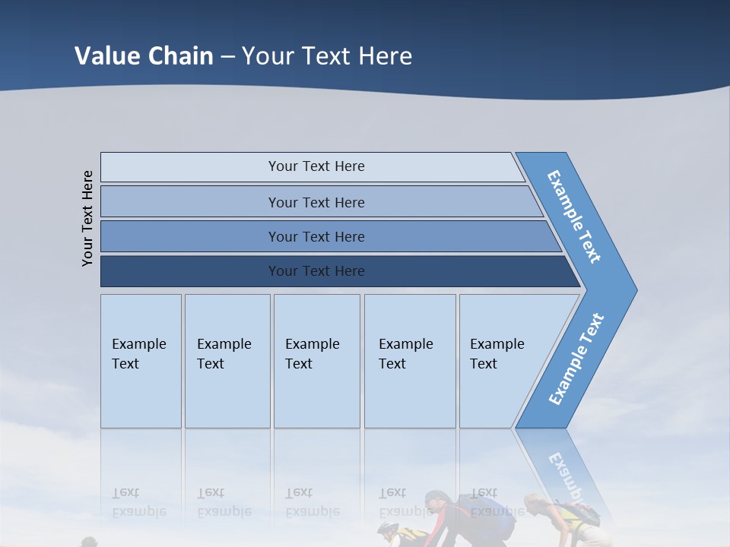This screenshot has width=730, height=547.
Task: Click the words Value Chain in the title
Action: coord(144,55)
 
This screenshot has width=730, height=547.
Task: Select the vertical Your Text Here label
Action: coord(88,218)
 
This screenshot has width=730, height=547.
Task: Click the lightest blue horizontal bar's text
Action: coord(316,166)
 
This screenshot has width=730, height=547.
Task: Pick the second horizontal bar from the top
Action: coord(316,202)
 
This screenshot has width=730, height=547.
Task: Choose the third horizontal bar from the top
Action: coord(316,236)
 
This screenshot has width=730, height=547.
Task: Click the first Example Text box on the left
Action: coord(141,361)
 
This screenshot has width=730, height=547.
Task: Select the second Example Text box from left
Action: coord(227,361)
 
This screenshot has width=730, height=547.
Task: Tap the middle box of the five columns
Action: coord(316,361)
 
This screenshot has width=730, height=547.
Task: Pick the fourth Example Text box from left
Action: coord(410,361)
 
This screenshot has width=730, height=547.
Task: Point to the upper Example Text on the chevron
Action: coord(574,217)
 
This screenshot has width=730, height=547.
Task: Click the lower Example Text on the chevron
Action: coord(576,359)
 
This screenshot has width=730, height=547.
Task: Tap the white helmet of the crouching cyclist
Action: coord(388,529)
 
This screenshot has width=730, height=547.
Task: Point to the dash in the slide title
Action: coord(227,57)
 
